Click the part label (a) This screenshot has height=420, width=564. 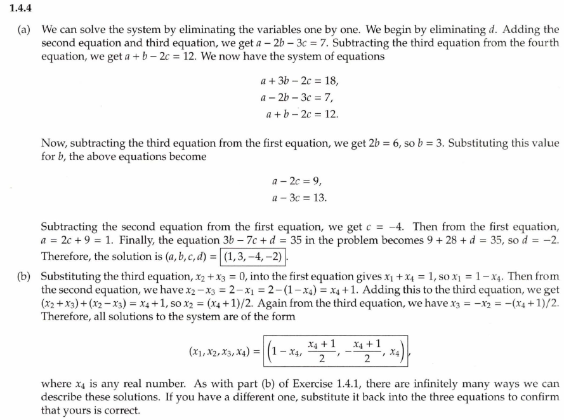click(x=26, y=29)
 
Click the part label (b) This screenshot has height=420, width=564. click(x=27, y=276)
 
